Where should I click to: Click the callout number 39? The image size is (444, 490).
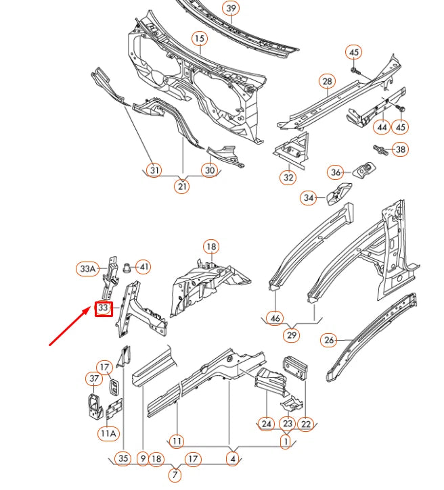pyautogui.click(x=231, y=9)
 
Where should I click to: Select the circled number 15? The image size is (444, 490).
pyautogui.click(x=199, y=39)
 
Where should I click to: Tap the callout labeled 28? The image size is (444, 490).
pyautogui.click(x=327, y=82)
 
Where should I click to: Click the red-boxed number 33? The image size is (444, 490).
pyautogui.click(x=103, y=308)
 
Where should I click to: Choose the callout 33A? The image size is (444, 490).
pyautogui.click(x=87, y=269)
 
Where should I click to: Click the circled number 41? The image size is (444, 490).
pyautogui.click(x=143, y=266)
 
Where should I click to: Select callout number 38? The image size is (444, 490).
pyautogui.click(x=401, y=149)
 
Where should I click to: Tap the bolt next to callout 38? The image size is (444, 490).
pyautogui.click(x=380, y=149)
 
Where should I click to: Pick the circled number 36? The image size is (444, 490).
pyautogui.click(x=336, y=173)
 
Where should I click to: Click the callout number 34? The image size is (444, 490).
pyautogui.click(x=309, y=198)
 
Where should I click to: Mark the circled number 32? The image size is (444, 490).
pyautogui.click(x=288, y=178)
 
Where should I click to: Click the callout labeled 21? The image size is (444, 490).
pyautogui.click(x=183, y=187)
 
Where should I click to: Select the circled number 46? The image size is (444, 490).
pyautogui.click(x=274, y=317)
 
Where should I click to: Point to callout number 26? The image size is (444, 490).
pyautogui.click(x=329, y=340)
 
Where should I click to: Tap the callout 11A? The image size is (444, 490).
pyautogui.click(x=108, y=433)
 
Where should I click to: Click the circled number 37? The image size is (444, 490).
pyautogui.click(x=93, y=378)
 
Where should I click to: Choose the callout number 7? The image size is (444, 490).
pyautogui.click(x=175, y=475)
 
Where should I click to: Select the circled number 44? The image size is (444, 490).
pyautogui.click(x=382, y=127)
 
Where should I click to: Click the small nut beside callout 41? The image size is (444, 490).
pyautogui.click(x=128, y=266)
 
